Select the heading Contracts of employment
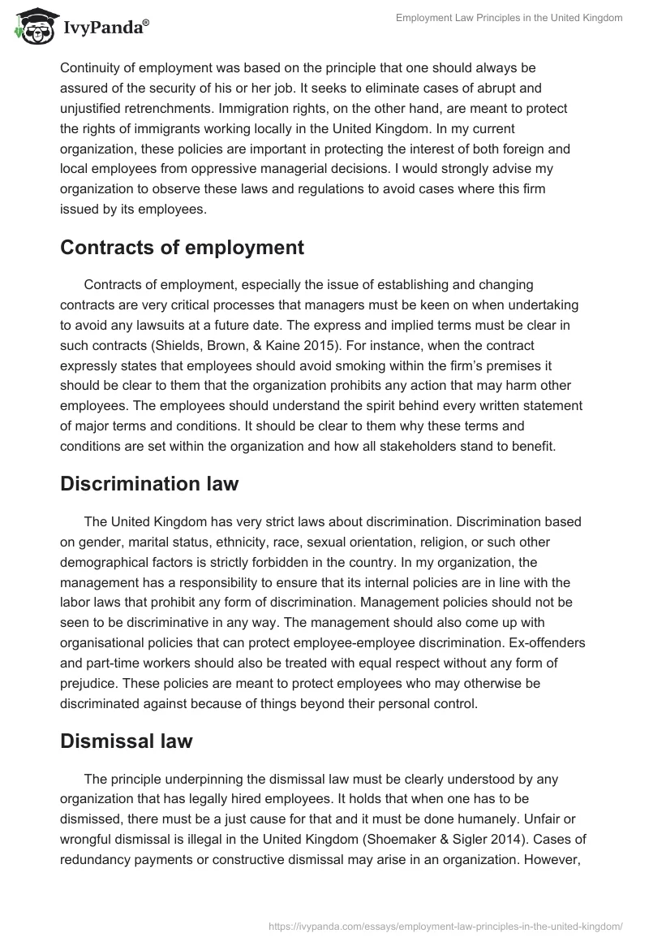tap(182, 248)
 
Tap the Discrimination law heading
tap(149, 484)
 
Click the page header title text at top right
tap(509, 18)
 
